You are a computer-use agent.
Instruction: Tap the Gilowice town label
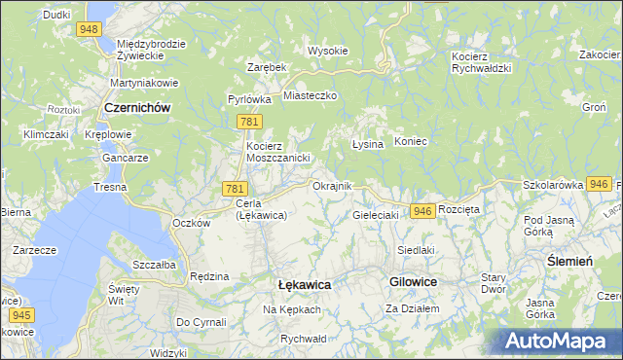(x=413, y=280)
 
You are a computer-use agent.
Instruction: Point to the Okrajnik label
(x=331, y=185)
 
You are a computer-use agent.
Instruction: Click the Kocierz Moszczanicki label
(x=276, y=152)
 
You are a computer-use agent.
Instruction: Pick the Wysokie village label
(x=328, y=51)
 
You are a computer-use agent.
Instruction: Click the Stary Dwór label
(x=494, y=283)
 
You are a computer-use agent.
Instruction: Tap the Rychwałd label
(x=302, y=339)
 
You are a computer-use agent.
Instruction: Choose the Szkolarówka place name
(x=552, y=184)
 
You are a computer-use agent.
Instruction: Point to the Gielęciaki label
(x=376, y=214)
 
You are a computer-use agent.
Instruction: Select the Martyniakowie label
(x=142, y=82)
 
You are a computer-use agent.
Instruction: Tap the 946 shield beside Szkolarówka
(x=600, y=183)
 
